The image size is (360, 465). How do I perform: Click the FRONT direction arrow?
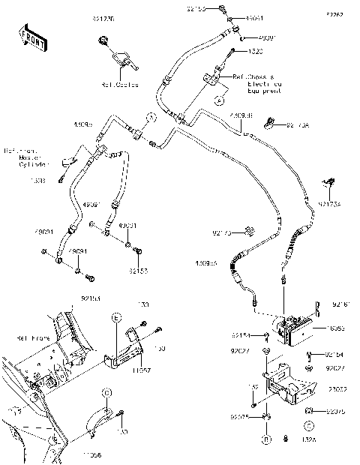(x=28, y=37)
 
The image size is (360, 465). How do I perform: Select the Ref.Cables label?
(x=116, y=84)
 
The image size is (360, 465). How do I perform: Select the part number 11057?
(x=142, y=370)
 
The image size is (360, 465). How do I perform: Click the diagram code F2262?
(x=334, y=15)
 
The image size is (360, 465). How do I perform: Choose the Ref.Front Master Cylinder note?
(x=27, y=157)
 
